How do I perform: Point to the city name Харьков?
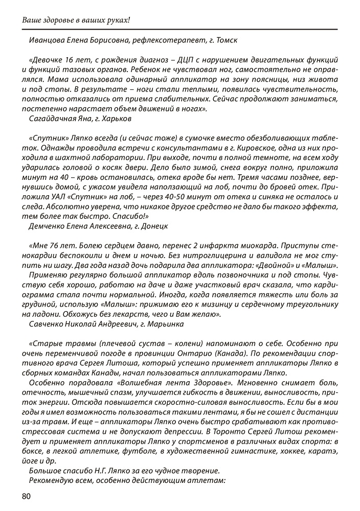pos(117,118)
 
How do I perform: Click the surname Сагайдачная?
pos(52,118)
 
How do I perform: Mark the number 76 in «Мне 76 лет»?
pos(56,245)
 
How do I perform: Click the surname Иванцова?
pos(50,39)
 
